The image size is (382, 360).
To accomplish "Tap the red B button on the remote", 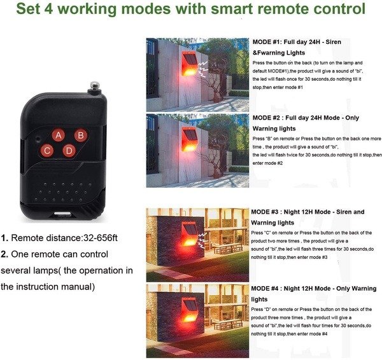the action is (81, 135).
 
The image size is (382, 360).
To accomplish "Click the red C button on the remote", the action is (47, 151).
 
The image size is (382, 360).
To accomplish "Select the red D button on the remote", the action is (69, 151).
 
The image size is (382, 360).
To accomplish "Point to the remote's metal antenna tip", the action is (95, 86).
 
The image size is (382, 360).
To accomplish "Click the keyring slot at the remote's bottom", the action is (62, 214).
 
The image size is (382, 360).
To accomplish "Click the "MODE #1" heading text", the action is (266, 42).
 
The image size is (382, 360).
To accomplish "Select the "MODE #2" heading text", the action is (266, 118).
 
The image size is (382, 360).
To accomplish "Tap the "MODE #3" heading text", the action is (265, 212).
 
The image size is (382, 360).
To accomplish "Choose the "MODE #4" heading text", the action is (265, 288).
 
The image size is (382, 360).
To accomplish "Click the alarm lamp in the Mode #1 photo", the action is (189, 64).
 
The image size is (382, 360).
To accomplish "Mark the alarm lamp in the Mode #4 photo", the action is (190, 310).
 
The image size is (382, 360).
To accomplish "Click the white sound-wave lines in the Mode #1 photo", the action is (202, 69).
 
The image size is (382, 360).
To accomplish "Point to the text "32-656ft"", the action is (101, 238).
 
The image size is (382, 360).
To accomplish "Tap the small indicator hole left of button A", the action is (38, 139).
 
